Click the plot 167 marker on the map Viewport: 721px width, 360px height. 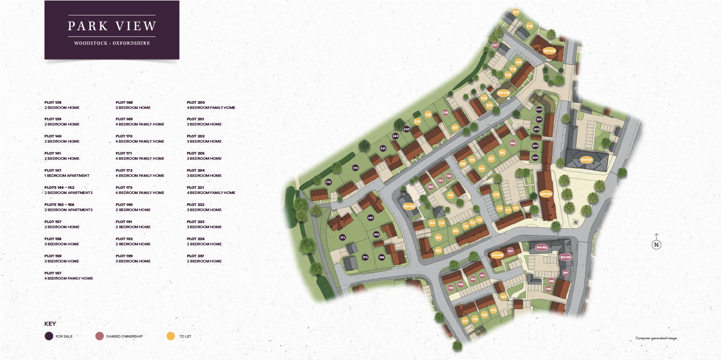pyautogui.click(x=370, y=218)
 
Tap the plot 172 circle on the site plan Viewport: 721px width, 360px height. pyautogui.click(x=329, y=182)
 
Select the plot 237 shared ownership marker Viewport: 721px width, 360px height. pyautogui.click(x=495, y=46)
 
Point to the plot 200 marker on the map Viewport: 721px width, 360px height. pyautogui.click(x=539, y=109)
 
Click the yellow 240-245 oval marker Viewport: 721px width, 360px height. pyautogui.click(x=549, y=51)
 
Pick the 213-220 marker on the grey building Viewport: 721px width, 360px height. pyautogui.click(x=587, y=160)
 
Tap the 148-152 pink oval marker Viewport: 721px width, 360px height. pyautogui.click(x=541, y=248)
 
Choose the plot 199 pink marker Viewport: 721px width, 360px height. pyautogui.click(x=512, y=143)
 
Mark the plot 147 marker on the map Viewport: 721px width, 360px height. pyautogui.click(x=510, y=251)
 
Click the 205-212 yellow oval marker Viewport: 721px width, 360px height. pyautogui.click(x=546, y=193)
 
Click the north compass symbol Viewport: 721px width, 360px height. pyautogui.click(x=656, y=245)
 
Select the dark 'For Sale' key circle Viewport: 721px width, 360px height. pyautogui.click(x=49, y=336)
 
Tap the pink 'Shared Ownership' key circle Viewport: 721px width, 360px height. pyautogui.click(x=100, y=336)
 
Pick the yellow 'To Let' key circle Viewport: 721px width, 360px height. pyautogui.click(x=170, y=336)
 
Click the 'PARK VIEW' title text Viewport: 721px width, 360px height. pyautogui.click(x=112, y=26)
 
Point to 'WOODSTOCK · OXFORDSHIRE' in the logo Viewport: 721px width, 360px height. pyautogui.click(x=112, y=43)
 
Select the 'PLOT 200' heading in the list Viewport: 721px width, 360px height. pyautogui.click(x=196, y=102)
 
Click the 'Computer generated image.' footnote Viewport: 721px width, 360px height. pyautogui.click(x=656, y=338)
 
